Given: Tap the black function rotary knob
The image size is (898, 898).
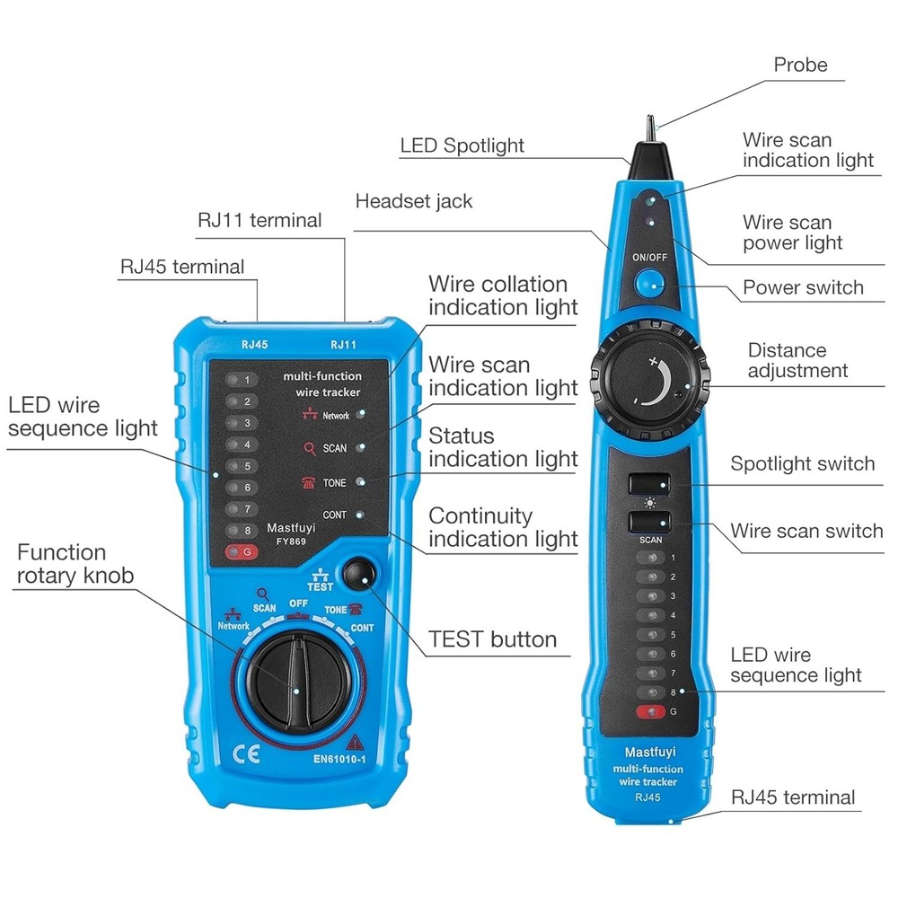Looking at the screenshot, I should coord(295,675).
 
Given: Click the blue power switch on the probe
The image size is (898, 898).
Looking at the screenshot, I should coord(648,286).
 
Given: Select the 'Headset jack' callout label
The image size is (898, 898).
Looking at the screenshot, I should coord(413,201).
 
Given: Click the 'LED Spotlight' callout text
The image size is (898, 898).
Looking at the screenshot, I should coord(462,145).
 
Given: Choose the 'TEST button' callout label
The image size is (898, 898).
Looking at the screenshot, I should coord(492,639).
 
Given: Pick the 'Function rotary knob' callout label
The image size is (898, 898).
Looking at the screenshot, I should coord(75,564).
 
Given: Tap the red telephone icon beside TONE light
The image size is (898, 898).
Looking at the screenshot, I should coord(308,482).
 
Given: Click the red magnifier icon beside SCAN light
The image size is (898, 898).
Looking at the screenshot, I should coord(310,447).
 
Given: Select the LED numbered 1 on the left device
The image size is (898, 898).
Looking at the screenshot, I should coord(237,378).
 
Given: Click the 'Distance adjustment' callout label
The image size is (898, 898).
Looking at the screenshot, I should coord(797,360).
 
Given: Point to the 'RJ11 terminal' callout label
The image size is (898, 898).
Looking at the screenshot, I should coord(259,220).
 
